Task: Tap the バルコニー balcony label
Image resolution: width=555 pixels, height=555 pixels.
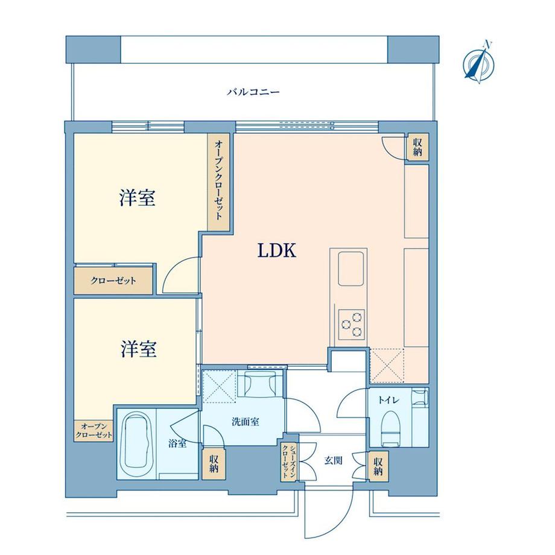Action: pyautogui.click(x=253, y=93)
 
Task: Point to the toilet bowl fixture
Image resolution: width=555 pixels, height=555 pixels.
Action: pyautogui.click(x=392, y=428)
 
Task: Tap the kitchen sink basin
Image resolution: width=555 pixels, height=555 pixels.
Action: pyautogui.click(x=350, y=269)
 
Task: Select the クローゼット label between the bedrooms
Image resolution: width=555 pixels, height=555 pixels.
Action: pyautogui.click(x=113, y=281)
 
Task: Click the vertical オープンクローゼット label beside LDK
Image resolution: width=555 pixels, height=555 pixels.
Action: pyautogui.click(x=218, y=180)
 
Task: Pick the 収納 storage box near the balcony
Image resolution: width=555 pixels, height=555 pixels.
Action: pyautogui.click(x=417, y=147)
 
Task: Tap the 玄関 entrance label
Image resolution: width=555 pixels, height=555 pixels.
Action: pyautogui.click(x=333, y=460)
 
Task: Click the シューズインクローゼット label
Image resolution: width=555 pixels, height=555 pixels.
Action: pyautogui.click(x=288, y=462)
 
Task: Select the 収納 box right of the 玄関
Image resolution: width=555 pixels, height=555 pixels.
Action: pyautogui.click(x=378, y=465)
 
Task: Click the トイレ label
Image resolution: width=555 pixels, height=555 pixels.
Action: pyautogui.click(x=386, y=399)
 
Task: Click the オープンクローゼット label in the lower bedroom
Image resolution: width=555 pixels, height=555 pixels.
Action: pyautogui.click(x=94, y=430)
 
